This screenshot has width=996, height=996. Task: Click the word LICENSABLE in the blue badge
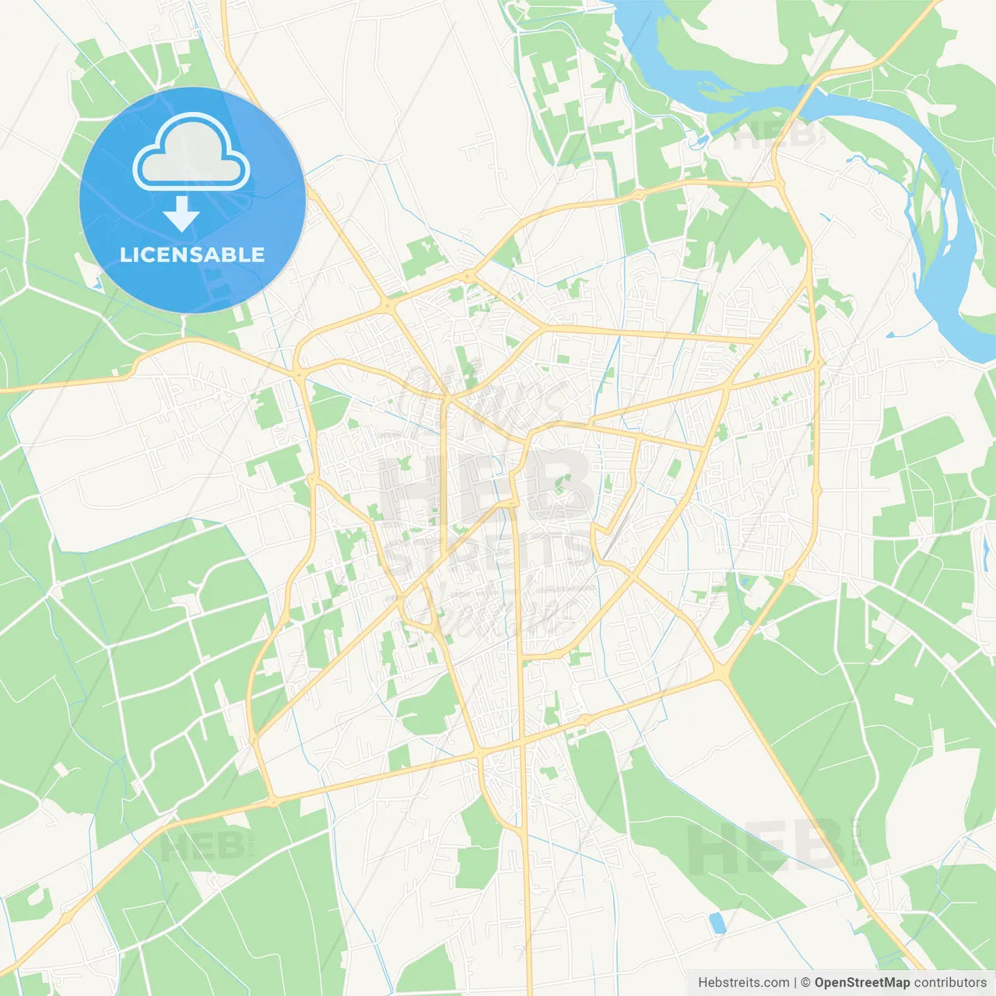click(192, 255)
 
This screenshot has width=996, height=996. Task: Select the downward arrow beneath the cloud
click(181, 214)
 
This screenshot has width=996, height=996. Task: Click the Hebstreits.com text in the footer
click(743, 983)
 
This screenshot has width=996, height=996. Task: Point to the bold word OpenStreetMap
click(861, 983)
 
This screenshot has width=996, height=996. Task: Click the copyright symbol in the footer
click(806, 983)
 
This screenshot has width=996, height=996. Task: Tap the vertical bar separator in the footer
click(795, 983)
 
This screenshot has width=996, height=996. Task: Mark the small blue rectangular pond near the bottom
click(717, 923)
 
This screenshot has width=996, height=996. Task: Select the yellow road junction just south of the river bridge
click(777, 183)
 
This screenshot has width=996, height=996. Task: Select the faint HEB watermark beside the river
click(774, 136)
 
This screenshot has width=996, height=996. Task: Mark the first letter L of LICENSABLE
click(124, 255)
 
